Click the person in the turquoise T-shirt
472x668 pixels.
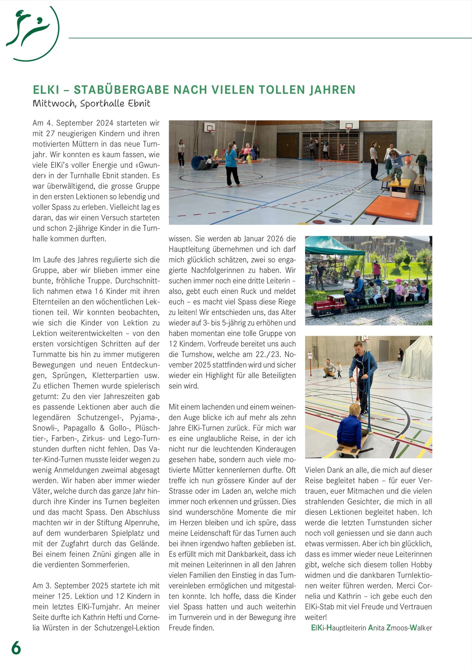[x=232, y=163]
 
